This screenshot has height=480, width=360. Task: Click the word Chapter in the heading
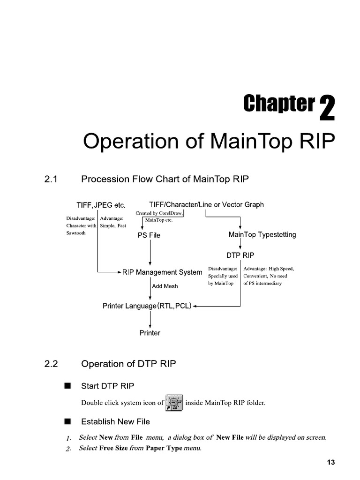[278, 104]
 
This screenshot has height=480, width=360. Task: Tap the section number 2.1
[51, 179]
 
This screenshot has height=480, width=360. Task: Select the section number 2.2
[51, 363]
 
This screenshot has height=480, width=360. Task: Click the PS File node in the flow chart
[149, 235]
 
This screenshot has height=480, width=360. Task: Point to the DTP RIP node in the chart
[240, 255]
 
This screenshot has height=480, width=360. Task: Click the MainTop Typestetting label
[262, 234]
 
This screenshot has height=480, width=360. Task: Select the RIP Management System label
[162, 272]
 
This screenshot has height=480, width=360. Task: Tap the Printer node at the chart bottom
[150, 333]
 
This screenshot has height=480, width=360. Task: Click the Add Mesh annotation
[165, 286]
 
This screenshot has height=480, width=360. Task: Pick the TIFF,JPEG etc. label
[101, 205]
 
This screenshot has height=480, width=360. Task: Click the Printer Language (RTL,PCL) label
[147, 306]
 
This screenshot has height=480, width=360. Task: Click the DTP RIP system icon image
[174, 402]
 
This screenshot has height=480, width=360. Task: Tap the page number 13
[331, 463]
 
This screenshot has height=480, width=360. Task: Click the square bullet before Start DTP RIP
[67, 386]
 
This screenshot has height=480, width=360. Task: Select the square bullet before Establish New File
[67, 421]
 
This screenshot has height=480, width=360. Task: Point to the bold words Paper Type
[165, 448]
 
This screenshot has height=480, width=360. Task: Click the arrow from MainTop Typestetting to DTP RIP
[240, 244]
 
